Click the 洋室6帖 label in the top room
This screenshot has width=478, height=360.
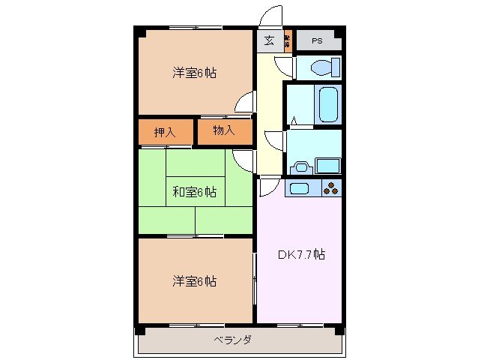195,73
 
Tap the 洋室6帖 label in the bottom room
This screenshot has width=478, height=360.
195,281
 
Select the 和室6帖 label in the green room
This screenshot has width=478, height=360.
195,193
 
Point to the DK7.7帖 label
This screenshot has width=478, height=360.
302,253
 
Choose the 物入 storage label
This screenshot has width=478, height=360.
224,131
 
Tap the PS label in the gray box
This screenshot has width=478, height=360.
317,40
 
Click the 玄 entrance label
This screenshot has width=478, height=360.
269,40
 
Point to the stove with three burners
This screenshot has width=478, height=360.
332,187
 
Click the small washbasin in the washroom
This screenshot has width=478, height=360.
302,166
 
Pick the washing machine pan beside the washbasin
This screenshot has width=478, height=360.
328,165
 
